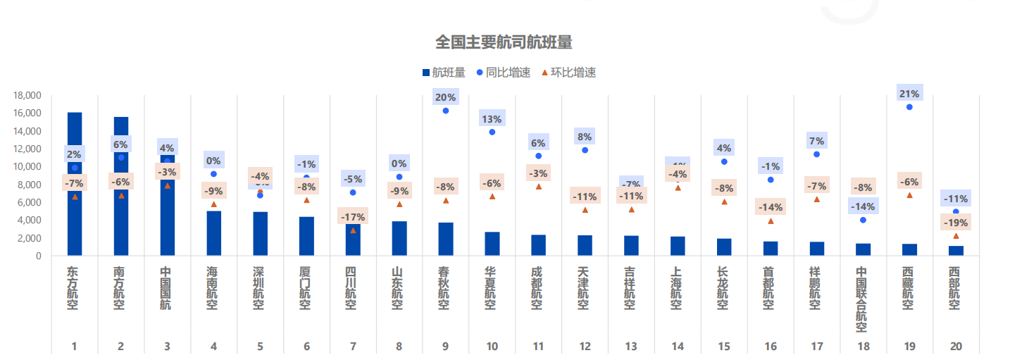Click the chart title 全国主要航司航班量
504,42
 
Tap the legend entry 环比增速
573,73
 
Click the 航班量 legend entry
449,73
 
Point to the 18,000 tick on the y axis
27,95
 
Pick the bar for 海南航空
213,233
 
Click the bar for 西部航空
956,250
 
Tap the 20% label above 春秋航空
445,97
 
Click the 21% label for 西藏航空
909,94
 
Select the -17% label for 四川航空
353,217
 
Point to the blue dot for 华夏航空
492,132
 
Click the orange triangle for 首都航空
771,221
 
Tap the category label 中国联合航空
862,299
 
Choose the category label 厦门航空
306,288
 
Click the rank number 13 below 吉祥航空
630,346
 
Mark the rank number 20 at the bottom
955,346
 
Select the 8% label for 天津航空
585,137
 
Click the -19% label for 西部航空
956,223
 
